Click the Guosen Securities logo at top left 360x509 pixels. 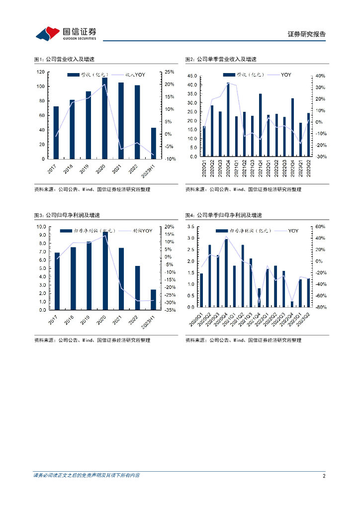(66, 33)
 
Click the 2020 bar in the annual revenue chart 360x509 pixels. (104, 118)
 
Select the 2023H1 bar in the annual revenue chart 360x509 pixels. (153, 143)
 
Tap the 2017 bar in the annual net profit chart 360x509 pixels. (57, 281)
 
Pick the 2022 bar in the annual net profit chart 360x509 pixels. (137, 287)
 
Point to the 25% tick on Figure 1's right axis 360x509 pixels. (169, 72)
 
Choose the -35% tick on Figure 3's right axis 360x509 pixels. (169, 310)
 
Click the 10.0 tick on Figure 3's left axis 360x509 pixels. (40, 227)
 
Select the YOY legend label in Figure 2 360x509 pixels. (286, 75)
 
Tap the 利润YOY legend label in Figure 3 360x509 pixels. (142, 231)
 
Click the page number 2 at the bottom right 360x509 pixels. (324, 476)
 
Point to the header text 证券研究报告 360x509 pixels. (307, 34)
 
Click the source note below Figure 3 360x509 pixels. (92, 340)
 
